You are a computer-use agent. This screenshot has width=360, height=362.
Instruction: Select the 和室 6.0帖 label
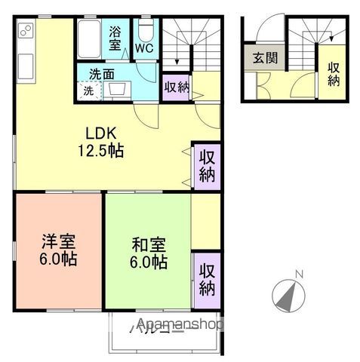[x=149, y=253]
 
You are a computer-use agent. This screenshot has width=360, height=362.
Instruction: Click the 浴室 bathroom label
[x=115, y=38]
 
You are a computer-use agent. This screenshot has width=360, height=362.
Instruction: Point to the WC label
[x=144, y=47]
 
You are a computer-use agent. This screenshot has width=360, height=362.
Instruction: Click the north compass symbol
[x=287, y=296]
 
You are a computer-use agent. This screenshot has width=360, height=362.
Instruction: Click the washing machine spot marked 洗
[x=88, y=90]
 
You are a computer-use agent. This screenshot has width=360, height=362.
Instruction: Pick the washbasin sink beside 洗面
[x=117, y=90]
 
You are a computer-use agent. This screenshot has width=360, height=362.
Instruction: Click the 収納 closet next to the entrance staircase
[x=333, y=72]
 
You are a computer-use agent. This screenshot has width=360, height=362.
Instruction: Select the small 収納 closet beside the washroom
[x=177, y=87]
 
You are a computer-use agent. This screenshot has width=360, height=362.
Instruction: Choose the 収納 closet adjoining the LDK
[x=207, y=165]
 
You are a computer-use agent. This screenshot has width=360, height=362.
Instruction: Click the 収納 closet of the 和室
[x=207, y=278]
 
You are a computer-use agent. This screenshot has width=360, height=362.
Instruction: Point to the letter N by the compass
[x=298, y=274]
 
